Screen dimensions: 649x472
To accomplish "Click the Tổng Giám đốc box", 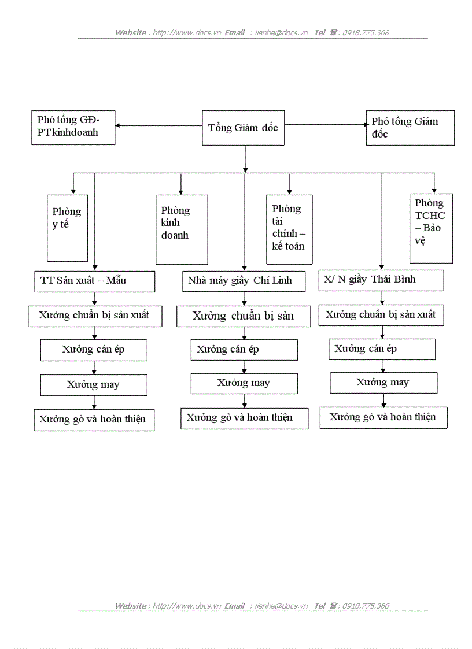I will (x=244, y=127).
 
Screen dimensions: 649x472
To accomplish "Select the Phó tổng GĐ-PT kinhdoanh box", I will (x=73, y=127).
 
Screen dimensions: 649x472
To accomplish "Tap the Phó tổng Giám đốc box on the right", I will (x=410, y=128).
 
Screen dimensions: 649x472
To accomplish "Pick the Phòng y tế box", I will (x=68, y=228).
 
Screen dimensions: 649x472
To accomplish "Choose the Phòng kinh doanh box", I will (x=181, y=229).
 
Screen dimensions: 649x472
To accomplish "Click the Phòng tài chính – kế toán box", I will (x=289, y=229).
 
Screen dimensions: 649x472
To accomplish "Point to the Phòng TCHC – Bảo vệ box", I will (x=431, y=228).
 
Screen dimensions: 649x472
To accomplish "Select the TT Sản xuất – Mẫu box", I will (x=94, y=281).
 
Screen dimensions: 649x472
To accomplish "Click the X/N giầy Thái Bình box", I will (x=381, y=280).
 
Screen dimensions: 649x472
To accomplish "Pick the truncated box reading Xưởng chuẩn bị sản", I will (x=243, y=316).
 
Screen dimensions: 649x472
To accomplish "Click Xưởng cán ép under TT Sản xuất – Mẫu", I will (x=94, y=350).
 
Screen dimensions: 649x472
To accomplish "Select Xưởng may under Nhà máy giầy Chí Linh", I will (x=244, y=383).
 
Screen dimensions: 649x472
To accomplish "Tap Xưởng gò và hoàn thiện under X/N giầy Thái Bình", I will (x=383, y=417).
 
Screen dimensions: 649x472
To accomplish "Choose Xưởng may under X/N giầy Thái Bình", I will (x=383, y=383).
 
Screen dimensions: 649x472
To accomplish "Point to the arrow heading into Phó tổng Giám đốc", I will (x=327, y=124).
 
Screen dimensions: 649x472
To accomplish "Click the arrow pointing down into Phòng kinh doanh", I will (x=181, y=184).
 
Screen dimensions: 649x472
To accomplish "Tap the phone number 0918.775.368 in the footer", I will (x=366, y=606).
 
